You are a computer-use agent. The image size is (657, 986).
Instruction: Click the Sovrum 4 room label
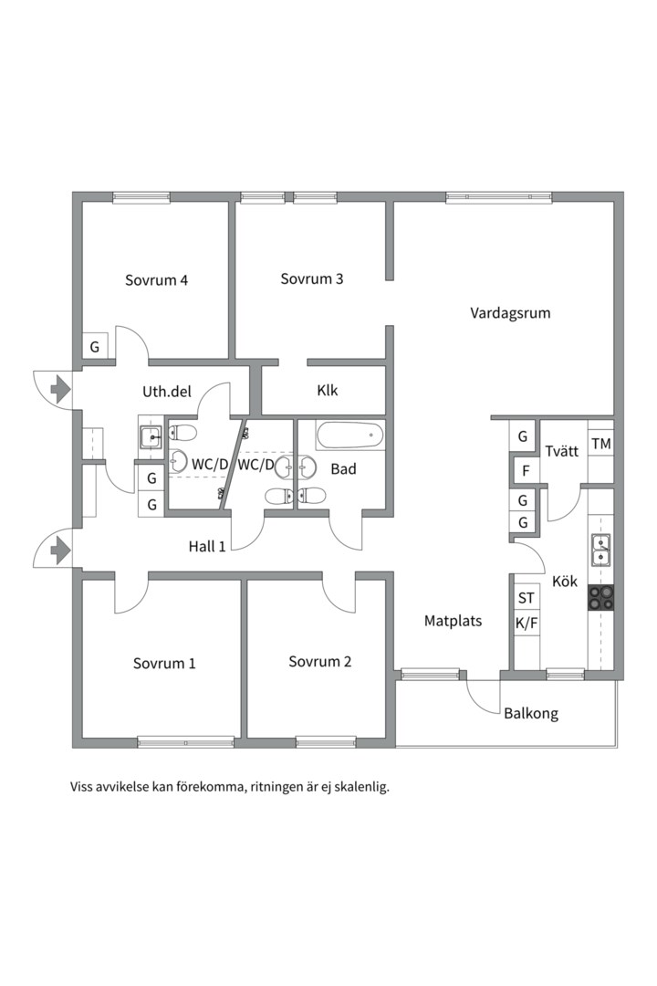click(157, 280)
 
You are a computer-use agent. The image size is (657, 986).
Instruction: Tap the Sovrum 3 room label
click(312, 279)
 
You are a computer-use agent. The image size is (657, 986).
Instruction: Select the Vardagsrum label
click(510, 313)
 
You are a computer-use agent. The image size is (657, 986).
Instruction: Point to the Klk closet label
click(328, 391)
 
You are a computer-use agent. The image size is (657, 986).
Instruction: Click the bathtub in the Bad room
click(349, 435)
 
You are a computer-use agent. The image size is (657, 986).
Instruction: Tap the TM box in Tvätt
click(600, 445)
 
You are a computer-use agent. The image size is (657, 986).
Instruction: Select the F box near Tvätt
click(523, 472)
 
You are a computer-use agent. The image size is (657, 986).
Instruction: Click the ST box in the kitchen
click(527, 599)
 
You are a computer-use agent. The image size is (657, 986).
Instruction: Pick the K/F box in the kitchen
click(527, 624)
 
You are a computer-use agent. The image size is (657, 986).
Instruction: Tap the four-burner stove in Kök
click(600, 597)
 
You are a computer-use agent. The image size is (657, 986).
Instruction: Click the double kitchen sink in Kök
click(600, 551)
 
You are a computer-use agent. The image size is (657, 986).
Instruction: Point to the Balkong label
click(531, 714)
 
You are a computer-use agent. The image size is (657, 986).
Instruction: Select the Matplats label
click(454, 621)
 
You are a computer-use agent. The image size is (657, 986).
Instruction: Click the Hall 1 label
click(207, 546)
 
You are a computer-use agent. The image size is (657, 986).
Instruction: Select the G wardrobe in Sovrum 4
click(94, 347)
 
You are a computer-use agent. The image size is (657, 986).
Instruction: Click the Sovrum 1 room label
click(164, 663)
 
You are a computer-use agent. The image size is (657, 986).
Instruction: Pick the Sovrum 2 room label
click(320, 662)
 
